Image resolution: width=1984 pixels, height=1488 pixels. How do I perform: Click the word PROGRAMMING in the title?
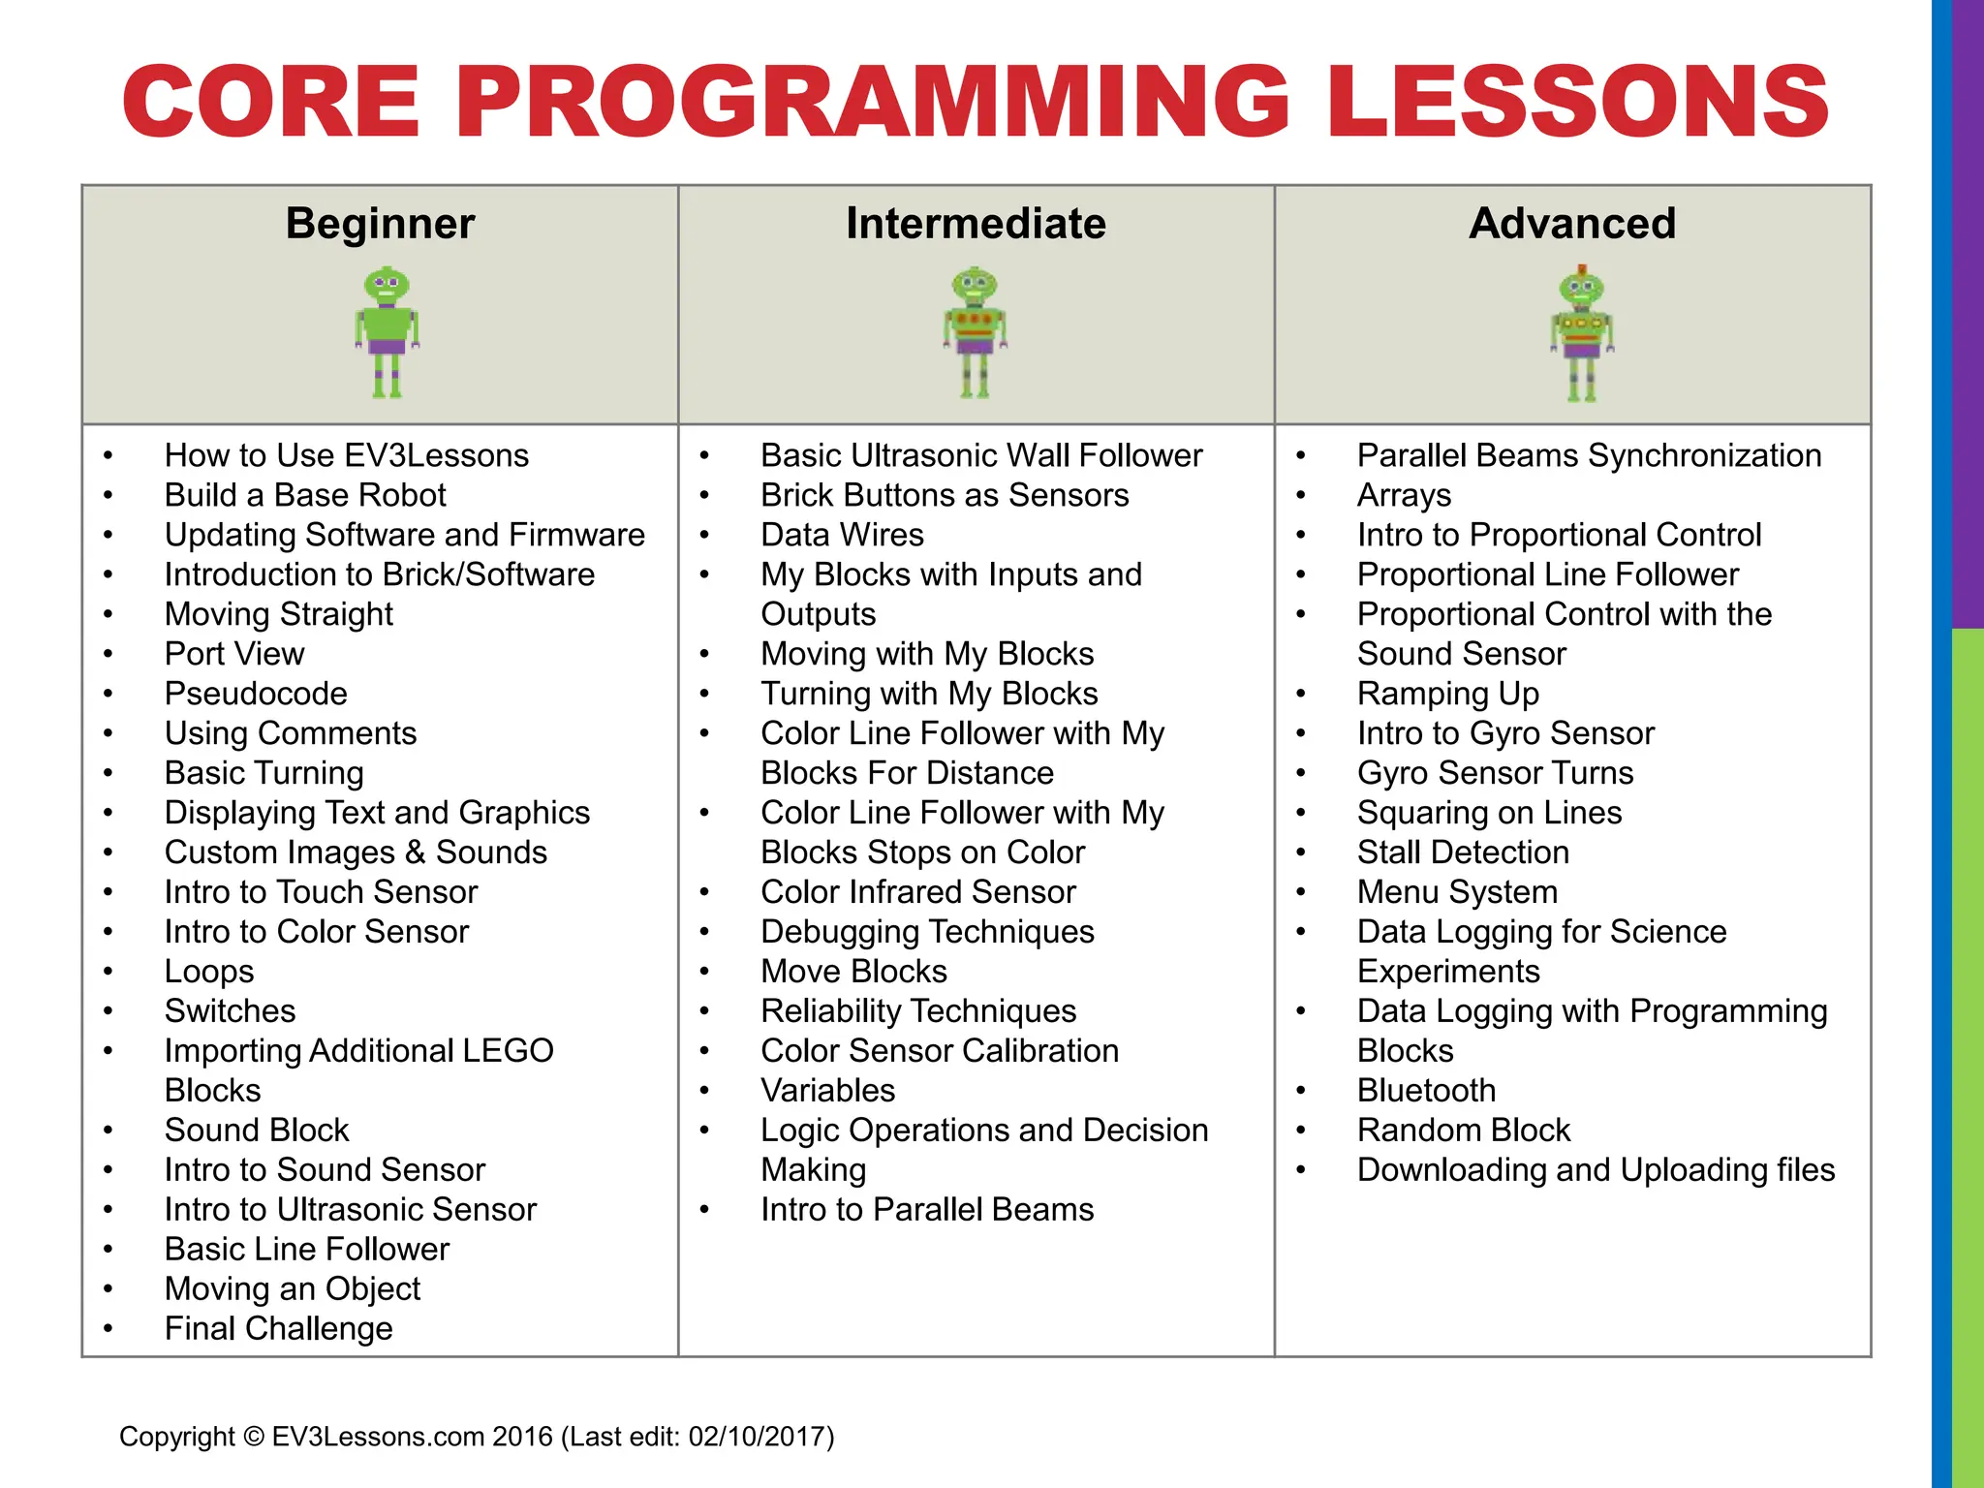tap(882, 102)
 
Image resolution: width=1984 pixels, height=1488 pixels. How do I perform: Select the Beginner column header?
tap(380, 224)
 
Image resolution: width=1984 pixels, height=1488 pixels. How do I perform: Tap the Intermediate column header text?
tap(976, 224)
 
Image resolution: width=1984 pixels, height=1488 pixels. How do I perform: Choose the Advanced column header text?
tap(1572, 224)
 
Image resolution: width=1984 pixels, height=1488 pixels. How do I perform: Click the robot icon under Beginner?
tap(387, 332)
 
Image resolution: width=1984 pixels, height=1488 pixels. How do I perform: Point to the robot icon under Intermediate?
tap(975, 332)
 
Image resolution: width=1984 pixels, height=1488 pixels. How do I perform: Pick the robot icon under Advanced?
tap(1581, 334)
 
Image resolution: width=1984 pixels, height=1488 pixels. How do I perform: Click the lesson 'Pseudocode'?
tap(256, 694)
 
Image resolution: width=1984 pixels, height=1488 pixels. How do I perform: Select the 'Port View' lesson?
tap(234, 654)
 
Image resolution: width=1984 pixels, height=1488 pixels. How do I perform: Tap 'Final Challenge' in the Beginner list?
tap(279, 1328)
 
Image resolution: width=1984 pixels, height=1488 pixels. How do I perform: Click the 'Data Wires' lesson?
tap(842, 535)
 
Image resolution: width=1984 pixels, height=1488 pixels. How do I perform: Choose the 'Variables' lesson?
tap(827, 1091)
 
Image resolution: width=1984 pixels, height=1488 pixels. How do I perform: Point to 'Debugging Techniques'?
tap(927, 932)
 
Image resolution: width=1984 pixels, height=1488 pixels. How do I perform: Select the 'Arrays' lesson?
tap(1404, 496)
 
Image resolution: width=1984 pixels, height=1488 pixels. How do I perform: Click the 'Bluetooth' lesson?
tap(1426, 1091)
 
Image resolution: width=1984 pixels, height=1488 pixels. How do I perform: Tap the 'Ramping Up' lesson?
tap(1447, 695)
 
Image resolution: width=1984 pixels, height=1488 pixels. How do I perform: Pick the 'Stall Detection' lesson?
tap(1463, 852)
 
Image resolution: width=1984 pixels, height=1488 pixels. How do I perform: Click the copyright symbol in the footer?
tap(254, 1436)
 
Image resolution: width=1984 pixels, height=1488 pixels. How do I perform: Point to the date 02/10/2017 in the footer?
tap(757, 1436)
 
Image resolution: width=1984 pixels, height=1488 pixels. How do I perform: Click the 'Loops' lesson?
tap(209, 972)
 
